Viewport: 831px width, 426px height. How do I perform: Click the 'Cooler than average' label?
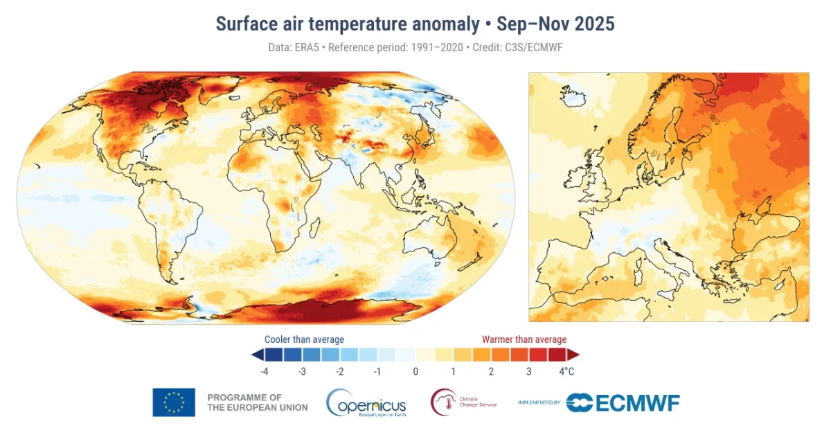click(304, 339)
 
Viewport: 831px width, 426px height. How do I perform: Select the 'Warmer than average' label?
click(524, 339)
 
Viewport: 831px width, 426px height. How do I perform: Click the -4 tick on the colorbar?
click(264, 371)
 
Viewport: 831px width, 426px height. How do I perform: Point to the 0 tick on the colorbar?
click(415, 371)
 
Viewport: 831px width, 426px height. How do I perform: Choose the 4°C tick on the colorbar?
click(566, 371)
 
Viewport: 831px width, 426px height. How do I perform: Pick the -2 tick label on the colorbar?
click(339, 371)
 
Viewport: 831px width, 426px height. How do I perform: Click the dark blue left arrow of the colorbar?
click(257, 355)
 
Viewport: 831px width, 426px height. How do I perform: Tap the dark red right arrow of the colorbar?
click(573, 355)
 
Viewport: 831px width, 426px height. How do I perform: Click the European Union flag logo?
click(174, 402)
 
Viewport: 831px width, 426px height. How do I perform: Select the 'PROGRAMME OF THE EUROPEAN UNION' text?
click(257, 402)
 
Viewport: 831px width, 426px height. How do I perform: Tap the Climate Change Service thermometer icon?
click(443, 402)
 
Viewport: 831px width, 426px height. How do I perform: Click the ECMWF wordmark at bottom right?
click(623, 402)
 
